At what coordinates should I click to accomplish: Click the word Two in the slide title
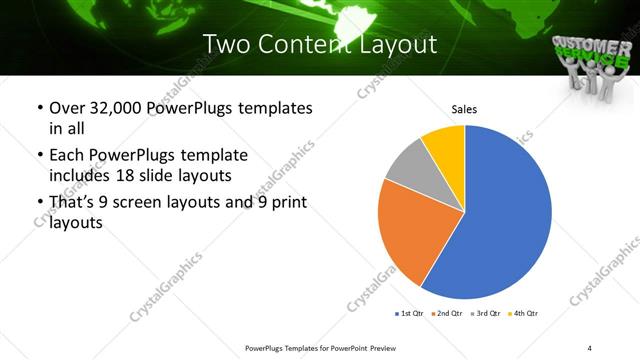tap(225, 44)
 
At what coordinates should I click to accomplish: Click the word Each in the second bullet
tap(66, 155)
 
